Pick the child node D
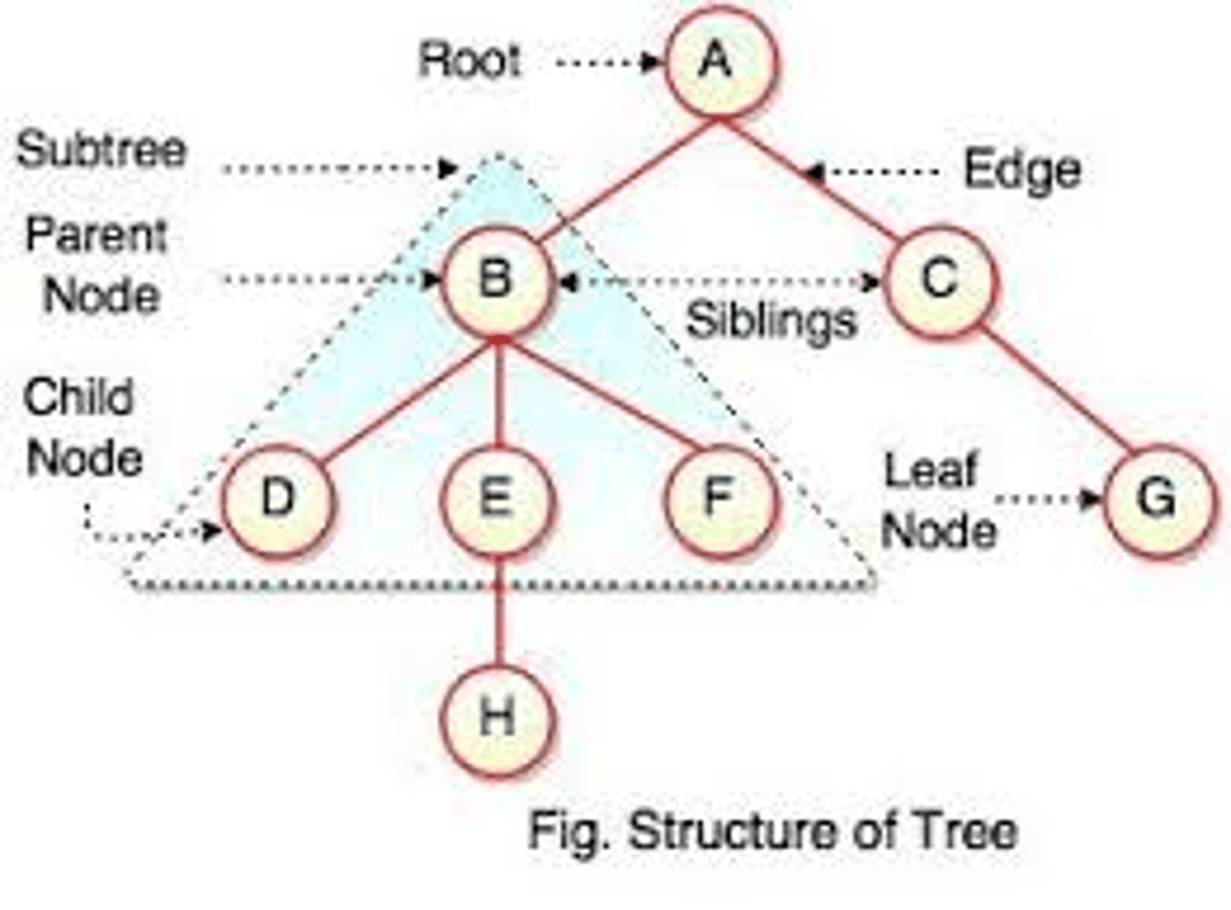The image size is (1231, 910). pyautogui.click(x=278, y=499)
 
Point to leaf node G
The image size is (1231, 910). pyautogui.click(x=1158, y=499)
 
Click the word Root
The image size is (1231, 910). pyautogui.click(x=469, y=62)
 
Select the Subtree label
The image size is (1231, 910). pyautogui.click(x=101, y=150)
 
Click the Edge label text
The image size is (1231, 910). pyautogui.click(x=1022, y=170)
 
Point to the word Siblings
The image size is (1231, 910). pyautogui.click(x=771, y=322)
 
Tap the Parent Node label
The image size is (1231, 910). pyautogui.click(x=97, y=265)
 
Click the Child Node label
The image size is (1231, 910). pyautogui.click(x=83, y=428)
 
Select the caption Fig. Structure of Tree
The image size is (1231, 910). pyautogui.click(x=773, y=830)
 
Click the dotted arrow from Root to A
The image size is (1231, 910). pyautogui.click(x=607, y=62)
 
